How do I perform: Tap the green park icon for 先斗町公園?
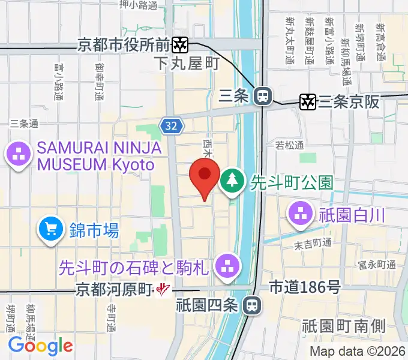point(231,181)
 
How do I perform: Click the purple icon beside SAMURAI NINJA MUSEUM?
point(18,155)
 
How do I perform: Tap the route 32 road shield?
point(170,125)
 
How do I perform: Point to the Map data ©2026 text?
point(356,351)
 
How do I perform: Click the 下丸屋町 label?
point(187,62)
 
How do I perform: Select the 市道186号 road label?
point(305,287)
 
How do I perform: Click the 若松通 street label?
point(290,145)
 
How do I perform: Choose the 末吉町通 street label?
point(313,243)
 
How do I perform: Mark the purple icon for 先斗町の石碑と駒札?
point(227,266)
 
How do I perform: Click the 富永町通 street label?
point(376,264)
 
